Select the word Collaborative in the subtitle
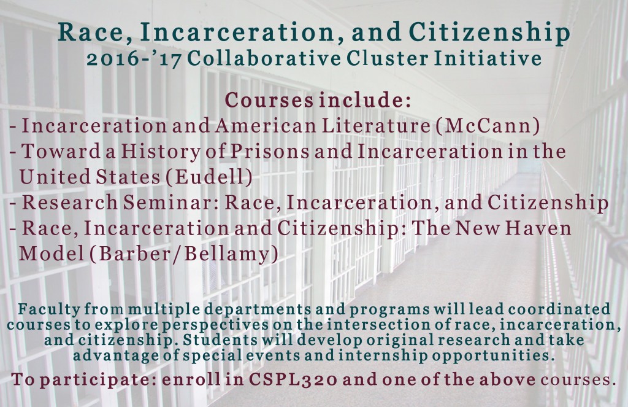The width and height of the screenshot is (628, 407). (x=264, y=58)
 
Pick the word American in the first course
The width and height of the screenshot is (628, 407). (x=265, y=125)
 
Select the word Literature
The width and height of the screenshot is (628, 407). (x=376, y=125)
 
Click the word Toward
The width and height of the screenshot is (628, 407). (x=61, y=151)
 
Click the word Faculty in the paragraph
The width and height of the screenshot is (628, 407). (x=49, y=309)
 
